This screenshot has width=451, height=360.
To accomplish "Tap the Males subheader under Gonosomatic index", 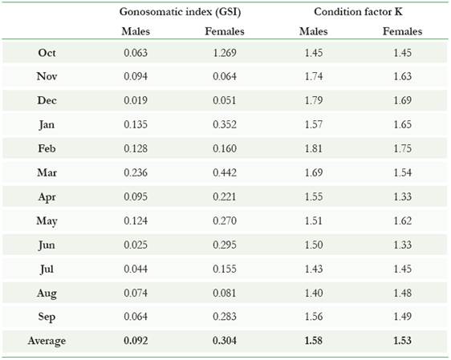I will tap(136, 32).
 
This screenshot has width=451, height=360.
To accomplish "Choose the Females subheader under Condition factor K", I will tap(403, 32).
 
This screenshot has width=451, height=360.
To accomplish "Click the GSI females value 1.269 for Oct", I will tap(225, 53).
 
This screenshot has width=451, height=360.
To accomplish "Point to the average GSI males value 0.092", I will tap(136, 341).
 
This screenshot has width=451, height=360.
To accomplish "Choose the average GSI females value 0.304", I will tap(225, 341).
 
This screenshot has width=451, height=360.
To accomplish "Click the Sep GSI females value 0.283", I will tap(225, 317).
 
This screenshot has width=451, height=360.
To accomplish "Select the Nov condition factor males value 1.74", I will tap(314, 77).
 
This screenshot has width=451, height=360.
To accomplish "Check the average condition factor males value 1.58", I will tap(314, 341).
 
